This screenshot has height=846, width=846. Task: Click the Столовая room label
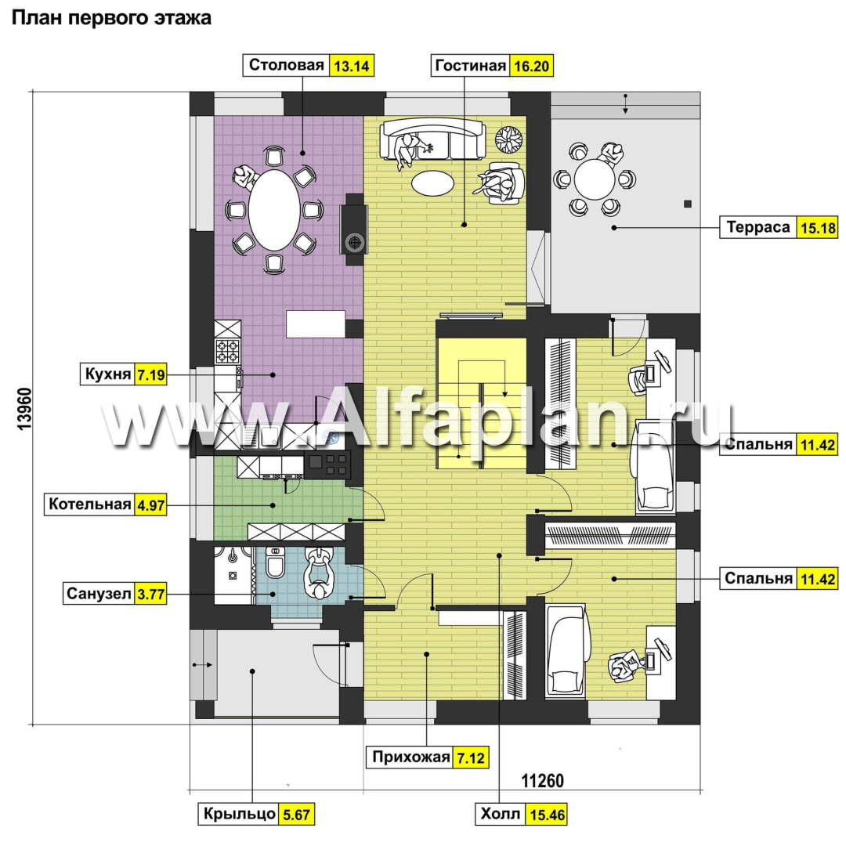(x=286, y=65)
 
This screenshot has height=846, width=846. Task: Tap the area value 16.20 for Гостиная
(x=531, y=66)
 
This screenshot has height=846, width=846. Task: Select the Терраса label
(x=757, y=227)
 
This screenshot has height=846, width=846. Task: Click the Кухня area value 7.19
(x=150, y=374)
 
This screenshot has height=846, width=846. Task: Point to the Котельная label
(x=89, y=504)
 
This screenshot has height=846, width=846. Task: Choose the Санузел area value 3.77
(x=150, y=595)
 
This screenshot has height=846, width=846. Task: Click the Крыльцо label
(x=239, y=814)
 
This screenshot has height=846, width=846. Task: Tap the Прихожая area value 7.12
(x=471, y=758)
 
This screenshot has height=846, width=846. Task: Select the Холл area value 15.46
(x=547, y=815)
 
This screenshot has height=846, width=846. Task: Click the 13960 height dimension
(x=25, y=408)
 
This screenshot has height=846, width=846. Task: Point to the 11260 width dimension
(x=542, y=781)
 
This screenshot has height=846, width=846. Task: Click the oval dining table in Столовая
(x=274, y=211)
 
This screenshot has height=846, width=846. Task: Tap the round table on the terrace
(x=595, y=179)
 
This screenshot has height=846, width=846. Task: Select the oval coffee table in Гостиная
(x=432, y=183)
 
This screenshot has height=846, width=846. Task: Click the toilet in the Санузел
(x=275, y=562)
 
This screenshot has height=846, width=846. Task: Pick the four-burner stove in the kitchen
(x=227, y=351)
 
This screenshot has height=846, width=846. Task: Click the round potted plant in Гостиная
(x=509, y=139)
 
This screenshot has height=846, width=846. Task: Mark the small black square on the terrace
(x=688, y=204)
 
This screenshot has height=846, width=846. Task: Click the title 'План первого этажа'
(x=111, y=18)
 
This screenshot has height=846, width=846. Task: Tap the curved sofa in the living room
(x=433, y=139)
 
